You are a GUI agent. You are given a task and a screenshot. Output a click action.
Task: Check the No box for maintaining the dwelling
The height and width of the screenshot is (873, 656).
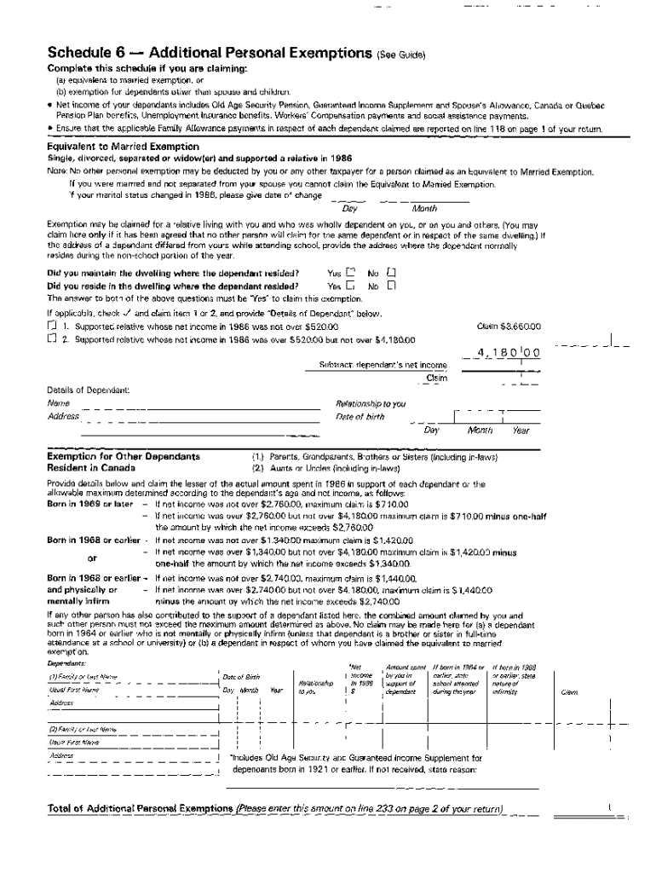click(391, 273)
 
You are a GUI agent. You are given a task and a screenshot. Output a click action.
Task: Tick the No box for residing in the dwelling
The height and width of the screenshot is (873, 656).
click(391, 286)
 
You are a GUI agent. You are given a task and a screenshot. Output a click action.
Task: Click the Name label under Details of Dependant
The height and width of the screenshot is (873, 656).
click(58, 403)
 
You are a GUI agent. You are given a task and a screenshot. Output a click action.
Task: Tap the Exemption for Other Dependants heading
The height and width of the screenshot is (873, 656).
click(124, 456)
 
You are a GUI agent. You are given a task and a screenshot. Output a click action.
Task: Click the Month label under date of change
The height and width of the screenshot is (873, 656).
click(424, 209)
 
